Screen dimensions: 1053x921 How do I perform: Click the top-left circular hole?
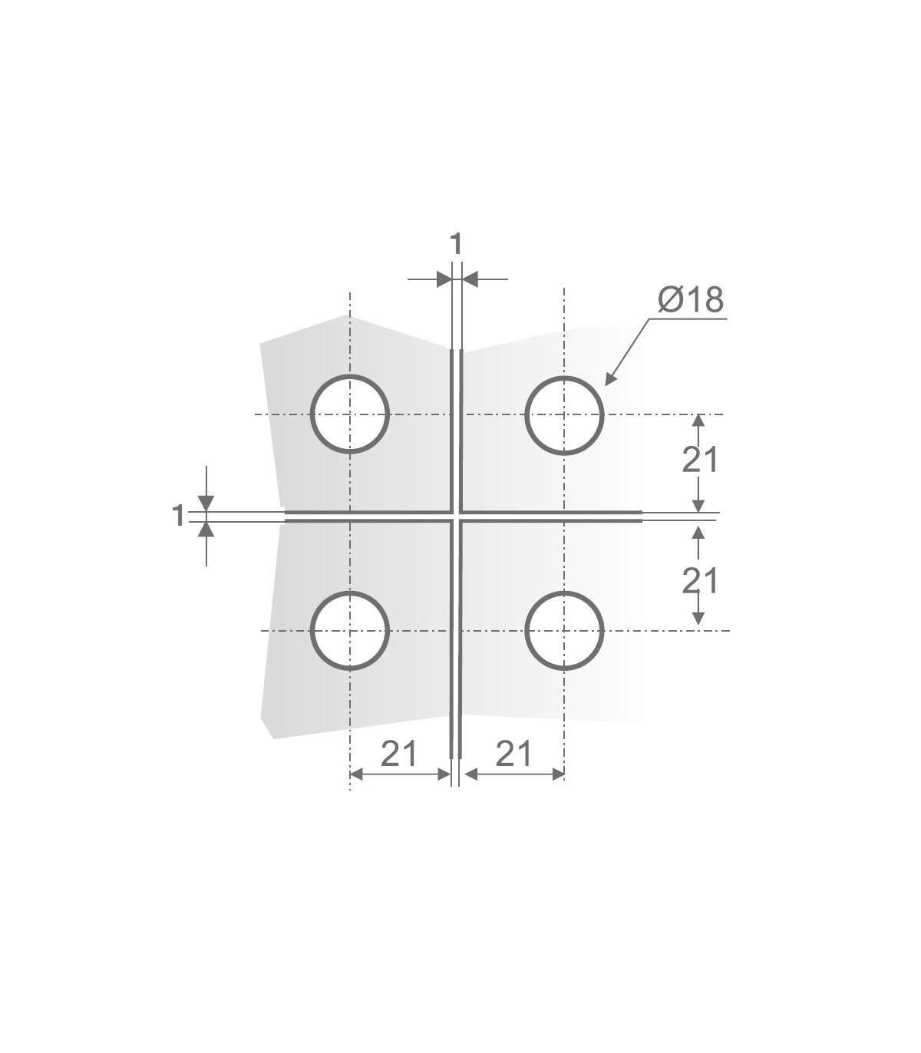(350, 414)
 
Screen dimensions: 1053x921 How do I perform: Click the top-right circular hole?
(565, 414)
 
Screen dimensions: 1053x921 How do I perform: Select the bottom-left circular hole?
(350, 631)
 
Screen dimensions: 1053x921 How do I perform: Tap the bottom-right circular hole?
(565, 631)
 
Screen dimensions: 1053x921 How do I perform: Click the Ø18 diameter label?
(690, 300)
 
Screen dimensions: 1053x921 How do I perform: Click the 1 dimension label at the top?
(456, 244)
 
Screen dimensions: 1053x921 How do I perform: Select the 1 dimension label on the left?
(178, 516)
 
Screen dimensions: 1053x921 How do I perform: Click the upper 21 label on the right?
(700, 460)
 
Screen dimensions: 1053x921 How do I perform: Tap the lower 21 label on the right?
(700, 581)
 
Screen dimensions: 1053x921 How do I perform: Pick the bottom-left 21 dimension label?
(399, 754)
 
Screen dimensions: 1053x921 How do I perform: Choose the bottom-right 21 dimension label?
(513, 754)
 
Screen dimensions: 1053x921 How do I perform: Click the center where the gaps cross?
(457, 516)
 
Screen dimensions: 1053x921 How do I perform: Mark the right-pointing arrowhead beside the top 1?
(444, 279)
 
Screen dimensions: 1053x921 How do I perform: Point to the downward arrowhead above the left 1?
(206, 503)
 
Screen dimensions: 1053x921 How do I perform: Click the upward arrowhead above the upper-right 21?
(698, 421)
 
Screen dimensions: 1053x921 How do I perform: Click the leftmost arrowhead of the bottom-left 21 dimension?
(357, 775)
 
